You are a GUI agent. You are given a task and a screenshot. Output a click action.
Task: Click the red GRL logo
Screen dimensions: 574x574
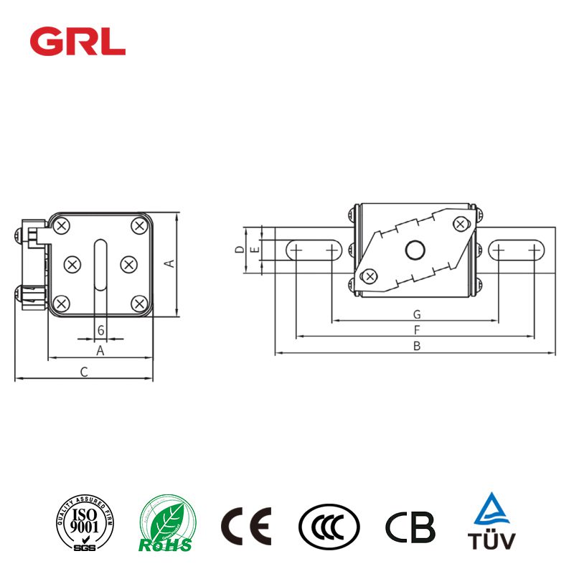click(77, 41)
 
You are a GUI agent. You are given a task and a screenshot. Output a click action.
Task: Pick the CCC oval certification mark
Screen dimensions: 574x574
click(329, 526)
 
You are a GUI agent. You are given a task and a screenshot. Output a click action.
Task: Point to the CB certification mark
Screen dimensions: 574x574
click(410, 526)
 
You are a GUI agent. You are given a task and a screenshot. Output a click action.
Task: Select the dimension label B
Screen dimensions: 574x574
click(415, 346)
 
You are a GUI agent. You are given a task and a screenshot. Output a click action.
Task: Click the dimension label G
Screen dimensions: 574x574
click(415, 314)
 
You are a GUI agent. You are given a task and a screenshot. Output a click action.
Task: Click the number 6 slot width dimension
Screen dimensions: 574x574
click(100, 330)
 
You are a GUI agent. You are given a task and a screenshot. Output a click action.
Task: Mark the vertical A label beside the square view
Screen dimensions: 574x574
click(170, 263)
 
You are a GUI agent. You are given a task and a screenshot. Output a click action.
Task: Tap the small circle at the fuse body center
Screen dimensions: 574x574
click(415, 250)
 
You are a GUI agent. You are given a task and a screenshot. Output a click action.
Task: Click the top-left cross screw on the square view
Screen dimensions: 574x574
click(62, 227)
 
